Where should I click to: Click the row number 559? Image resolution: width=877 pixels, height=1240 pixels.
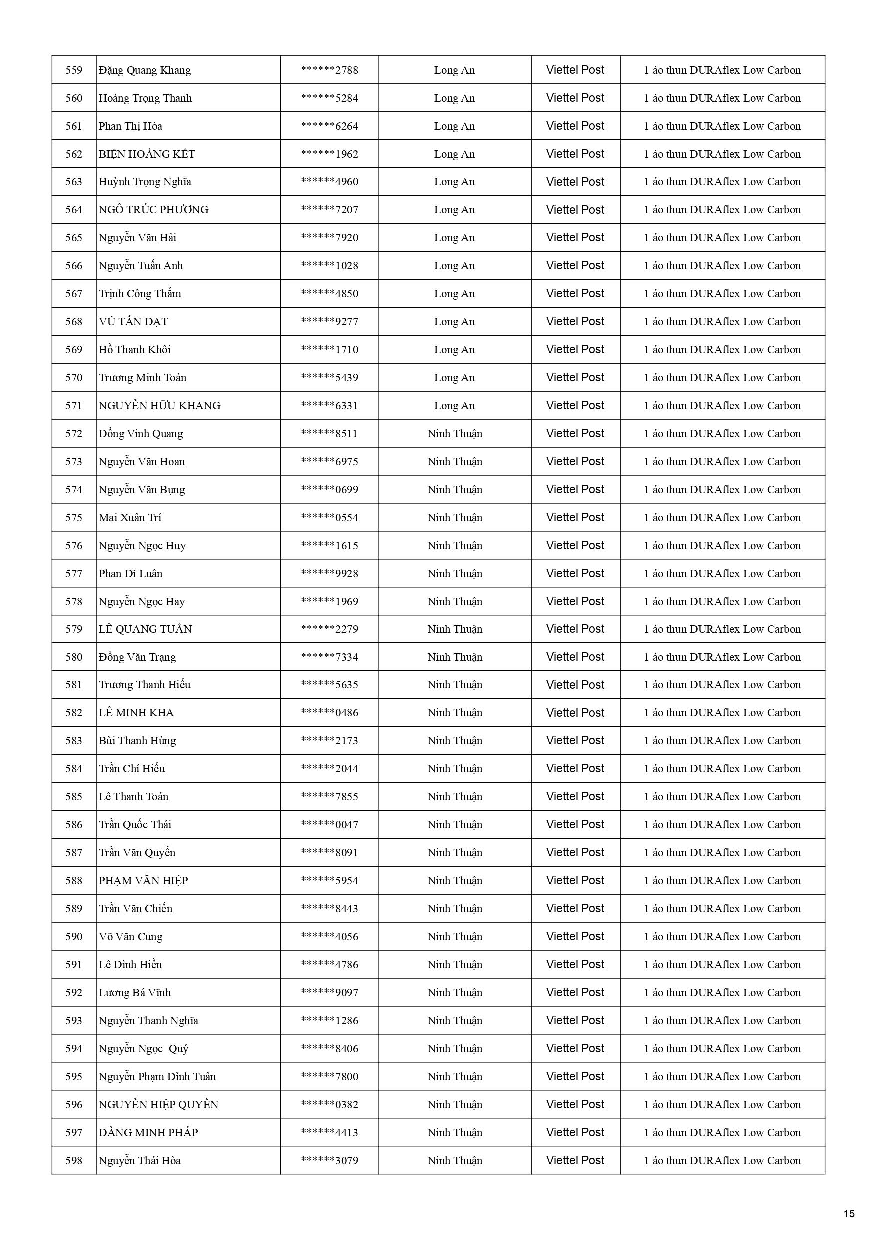(x=74, y=70)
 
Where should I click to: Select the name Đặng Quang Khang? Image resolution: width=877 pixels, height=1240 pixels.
(x=145, y=70)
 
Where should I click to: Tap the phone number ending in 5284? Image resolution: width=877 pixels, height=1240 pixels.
(x=330, y=98)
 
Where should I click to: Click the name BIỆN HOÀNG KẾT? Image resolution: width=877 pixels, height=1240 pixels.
(x=147, y=154)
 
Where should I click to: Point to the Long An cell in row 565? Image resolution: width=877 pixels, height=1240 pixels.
(x=454, y=238)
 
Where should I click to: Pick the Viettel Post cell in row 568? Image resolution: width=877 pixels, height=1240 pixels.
(x=575, y=321)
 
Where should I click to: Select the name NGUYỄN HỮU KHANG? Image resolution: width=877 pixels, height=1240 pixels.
(x=159, y=406)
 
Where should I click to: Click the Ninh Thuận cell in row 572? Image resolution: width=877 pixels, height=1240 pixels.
(x=454, y=434)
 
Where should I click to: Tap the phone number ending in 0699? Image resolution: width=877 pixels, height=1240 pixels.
(x=330, y=489)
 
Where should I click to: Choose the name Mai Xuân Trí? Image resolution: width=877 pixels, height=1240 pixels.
(x=130, y=518)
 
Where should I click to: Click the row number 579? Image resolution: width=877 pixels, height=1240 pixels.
(x=74, y=629)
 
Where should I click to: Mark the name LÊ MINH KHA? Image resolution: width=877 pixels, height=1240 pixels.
(x=136, y=713)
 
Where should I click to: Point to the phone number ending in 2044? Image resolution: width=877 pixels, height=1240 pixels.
(x=330, y=768)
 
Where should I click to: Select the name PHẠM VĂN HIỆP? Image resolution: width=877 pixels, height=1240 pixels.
(x=143, y=881)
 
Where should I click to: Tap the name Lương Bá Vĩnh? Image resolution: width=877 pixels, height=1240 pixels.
(x=134, y=993)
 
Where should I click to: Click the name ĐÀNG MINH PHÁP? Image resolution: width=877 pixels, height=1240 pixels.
(x=148, y=1133)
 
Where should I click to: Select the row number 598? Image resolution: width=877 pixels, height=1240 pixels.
(x=74, y=1161)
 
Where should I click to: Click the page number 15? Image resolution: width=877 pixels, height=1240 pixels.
(x=849, y=1214)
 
